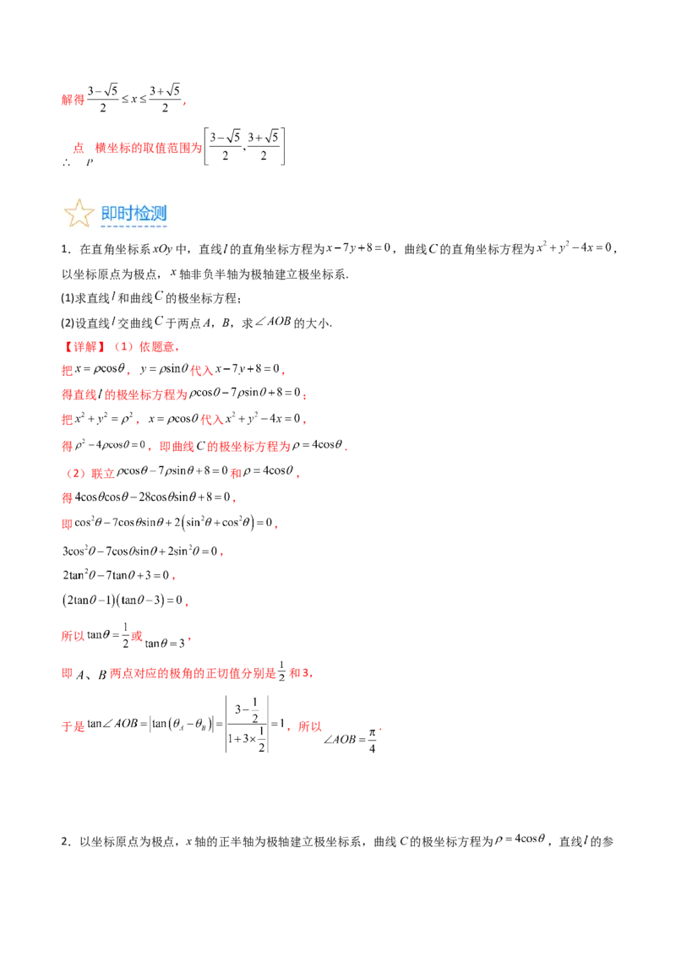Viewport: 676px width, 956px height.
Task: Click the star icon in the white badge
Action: pyautogui.click(x=79, y=215)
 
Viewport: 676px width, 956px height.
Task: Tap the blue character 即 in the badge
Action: pyautogui.click(x=109, y=213)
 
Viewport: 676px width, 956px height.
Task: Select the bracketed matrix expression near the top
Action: pyautogui.click(x=247, y=145)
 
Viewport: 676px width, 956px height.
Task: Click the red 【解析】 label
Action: pyautogui.click(x=84, y=346)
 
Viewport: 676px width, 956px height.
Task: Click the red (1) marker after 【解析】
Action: pyautogui.click(x=121, y=346)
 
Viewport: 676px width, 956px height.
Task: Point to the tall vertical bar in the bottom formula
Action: pyautogui.click(x=267, y=723)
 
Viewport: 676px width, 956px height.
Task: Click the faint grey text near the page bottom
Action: pyautogui.click(x=521, y=839)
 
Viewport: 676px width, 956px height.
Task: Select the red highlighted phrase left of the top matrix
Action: pyautogui.click(x=148, y=148)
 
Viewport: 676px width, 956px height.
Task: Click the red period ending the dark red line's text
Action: pyautogui.click(x=220, y=554)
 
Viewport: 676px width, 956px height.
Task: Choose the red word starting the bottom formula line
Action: pyautogui.click(x=74, y=724)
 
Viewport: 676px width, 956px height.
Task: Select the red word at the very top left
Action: pyautogui.click(x=74, y=100)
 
